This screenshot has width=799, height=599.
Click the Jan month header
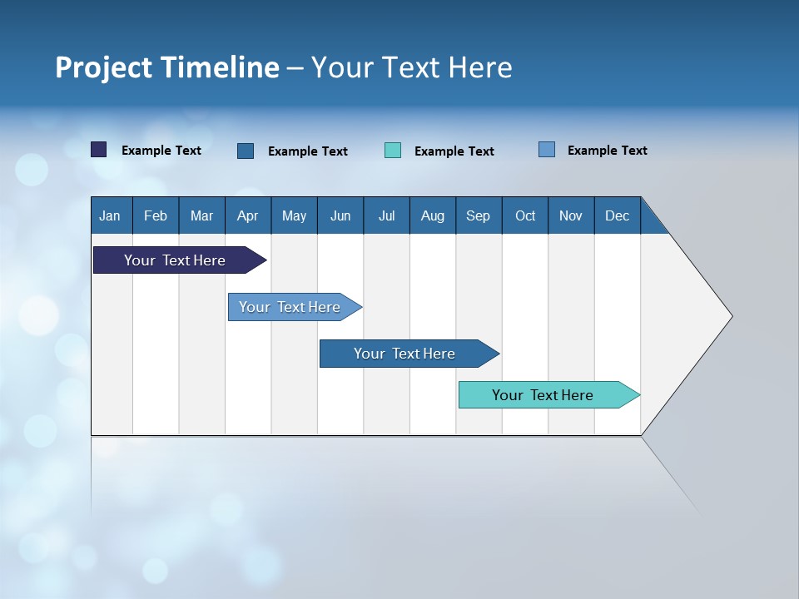click(111, 215)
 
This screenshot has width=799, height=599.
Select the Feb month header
click(156, 215)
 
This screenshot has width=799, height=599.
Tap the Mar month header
click(201, 215)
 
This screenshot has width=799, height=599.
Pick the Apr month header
click(248, 215)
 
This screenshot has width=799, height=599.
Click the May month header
click(294, 215)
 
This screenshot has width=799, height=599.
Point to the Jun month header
click(340, 215)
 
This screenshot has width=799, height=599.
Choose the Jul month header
click(386, 215)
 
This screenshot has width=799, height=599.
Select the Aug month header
click(433, 215)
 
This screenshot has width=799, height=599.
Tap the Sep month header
click(479, 215)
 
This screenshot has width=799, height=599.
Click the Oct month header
click(525, 215)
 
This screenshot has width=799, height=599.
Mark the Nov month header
click(571, 215)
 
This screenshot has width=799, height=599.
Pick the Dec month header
click(618, 215)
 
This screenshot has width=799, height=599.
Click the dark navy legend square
click(99, 150)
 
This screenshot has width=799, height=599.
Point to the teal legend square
click(393, 151)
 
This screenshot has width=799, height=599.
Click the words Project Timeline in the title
click(167, 67)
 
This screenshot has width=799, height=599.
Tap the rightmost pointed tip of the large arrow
click(730, 316)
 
